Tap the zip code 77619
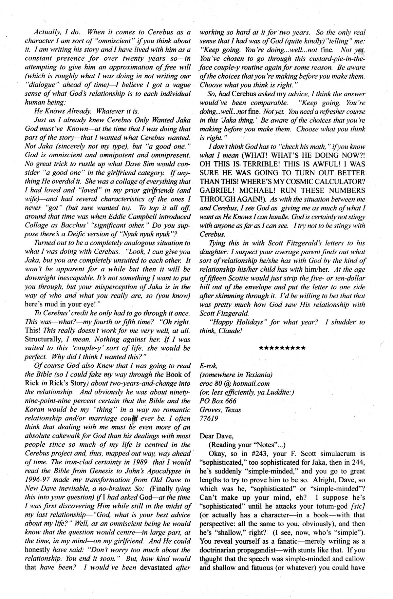[x=210, y=418]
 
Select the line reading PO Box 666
[x=218, y=401]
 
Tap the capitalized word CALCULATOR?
[x=341, y=182]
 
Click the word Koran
[x=35, y=410]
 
